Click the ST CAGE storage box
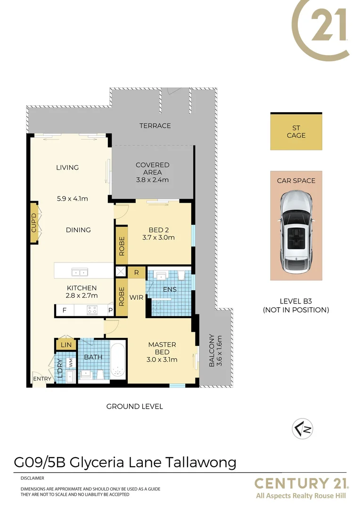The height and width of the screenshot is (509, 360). [x=296, y=131]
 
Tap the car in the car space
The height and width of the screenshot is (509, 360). [x=296, y=232]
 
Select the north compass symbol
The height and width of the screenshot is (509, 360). [x=302, y=428]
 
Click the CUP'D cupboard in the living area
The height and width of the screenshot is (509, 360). [x=34, y=223]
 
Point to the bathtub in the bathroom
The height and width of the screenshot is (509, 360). [x=118, y=361]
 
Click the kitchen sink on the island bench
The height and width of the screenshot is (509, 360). [x=79, y=272]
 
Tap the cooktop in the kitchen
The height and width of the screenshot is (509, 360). [x=91, y=310]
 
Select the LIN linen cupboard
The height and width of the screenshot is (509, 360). [x=66, y=345]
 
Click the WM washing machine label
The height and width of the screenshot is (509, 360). [x=70, y=363]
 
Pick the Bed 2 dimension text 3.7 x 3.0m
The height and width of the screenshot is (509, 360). [x=158, y=238]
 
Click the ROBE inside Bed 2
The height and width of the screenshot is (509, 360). [x=122, y=246]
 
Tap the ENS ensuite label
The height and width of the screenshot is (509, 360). [x=170, y=289]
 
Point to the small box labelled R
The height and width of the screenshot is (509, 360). [x=136, y=272]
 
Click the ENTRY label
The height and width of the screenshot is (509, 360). [x=41, y=378]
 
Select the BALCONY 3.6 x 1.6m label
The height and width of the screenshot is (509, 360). [x=215, y=350]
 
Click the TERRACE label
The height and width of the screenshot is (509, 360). [x=155, y=126]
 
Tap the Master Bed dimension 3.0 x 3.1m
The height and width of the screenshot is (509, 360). [x=162, y=360]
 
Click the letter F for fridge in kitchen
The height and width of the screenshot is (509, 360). [x=64, y=311]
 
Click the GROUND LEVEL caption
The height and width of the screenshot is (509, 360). [x=135, y=406]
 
